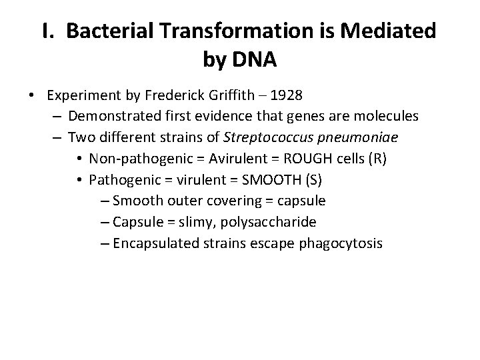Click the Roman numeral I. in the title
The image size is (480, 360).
coord(49,31)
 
